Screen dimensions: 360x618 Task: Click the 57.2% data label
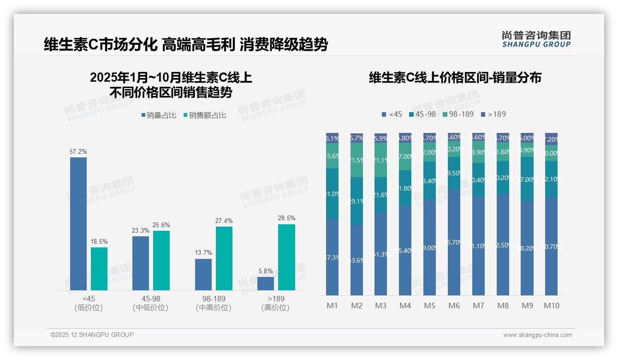click(x=78, y=151)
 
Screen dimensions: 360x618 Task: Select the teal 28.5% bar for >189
click(x=286, y=257)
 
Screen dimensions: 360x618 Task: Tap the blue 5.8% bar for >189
click(x=266, y=283)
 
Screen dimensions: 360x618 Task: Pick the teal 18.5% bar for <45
click(x=99, y=269)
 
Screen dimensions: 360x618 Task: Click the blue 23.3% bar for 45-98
click(x=141, y=263)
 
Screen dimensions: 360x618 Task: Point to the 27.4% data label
click(x=224, y=221)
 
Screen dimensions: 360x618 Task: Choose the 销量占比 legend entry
click(x=159, y=115)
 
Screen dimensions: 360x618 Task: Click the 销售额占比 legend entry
click(x=205, y=115)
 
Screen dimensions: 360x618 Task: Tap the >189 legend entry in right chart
click(x=493, y=114)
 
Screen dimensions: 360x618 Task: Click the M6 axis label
click(x=454, y=306)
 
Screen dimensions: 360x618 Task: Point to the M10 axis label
click(x=551, y=306)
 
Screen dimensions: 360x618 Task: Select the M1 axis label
click(x=332, y=306)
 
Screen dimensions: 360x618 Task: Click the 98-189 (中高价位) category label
click(x=213, y=303)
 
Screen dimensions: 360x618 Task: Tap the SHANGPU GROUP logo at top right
click(x=536, y=39)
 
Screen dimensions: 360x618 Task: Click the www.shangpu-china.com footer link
click(x=537, y=335)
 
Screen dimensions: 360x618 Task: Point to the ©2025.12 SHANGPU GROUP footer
click(x=92, y=335)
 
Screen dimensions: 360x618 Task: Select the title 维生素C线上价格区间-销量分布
click(x=455, y=78)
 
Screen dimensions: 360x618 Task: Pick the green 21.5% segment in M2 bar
click(x=357, y=160)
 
